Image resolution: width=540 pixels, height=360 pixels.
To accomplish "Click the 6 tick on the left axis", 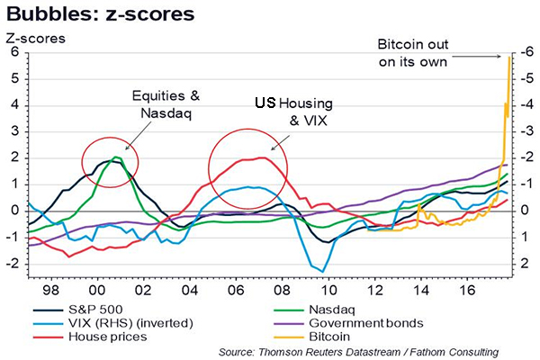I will point(13,52).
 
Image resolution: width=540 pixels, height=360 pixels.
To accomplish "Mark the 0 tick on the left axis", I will point(13,211).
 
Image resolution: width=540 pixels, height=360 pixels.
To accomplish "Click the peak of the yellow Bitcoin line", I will point(510,58).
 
